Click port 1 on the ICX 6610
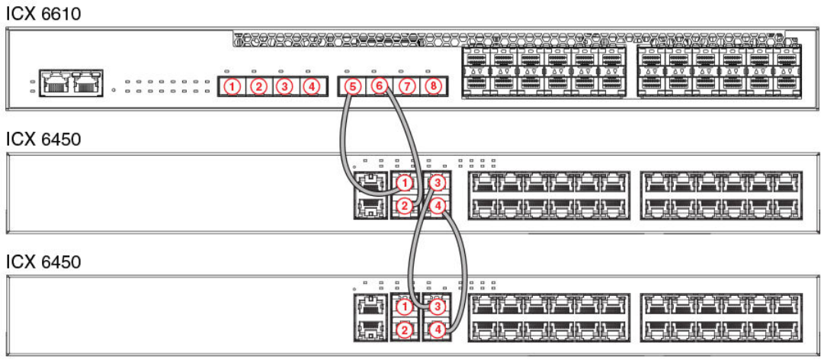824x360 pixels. pyautogui.click(x=232, y=86)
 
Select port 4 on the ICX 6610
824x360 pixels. pyautogui.click(x=310, y=86)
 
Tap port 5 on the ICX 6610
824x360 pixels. pyautogui.click(x=351, y=86)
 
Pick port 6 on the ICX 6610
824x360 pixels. pyautogui.click(x=379, y=86)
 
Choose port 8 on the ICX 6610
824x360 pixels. pyautogui.click(x=432, y=86)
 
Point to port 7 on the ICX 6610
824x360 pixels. pyautogui.click(x=406, y=86)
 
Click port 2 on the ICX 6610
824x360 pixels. pyautogui.click(x=259, y=86)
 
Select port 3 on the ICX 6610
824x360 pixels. pyautogui.click(x=284, y=86)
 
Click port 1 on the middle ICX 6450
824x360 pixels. pyautogui.click(x=405, y=183)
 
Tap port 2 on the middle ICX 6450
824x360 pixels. pyautogui.click(x=405, y=206)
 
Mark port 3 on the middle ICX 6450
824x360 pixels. pyautogui.click(x=437, y=183)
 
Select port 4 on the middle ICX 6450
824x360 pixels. pyautogui.click(x=437, y=206)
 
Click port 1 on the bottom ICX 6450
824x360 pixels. pyautogui.click(x=405, y=307)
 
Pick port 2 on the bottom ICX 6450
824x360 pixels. pyautogui.click(x=405, y=330)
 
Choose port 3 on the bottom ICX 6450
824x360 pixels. pyautogui.click(x=437, y=307)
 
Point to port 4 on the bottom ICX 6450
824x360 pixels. pyautogui.click(x=437, y=330)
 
